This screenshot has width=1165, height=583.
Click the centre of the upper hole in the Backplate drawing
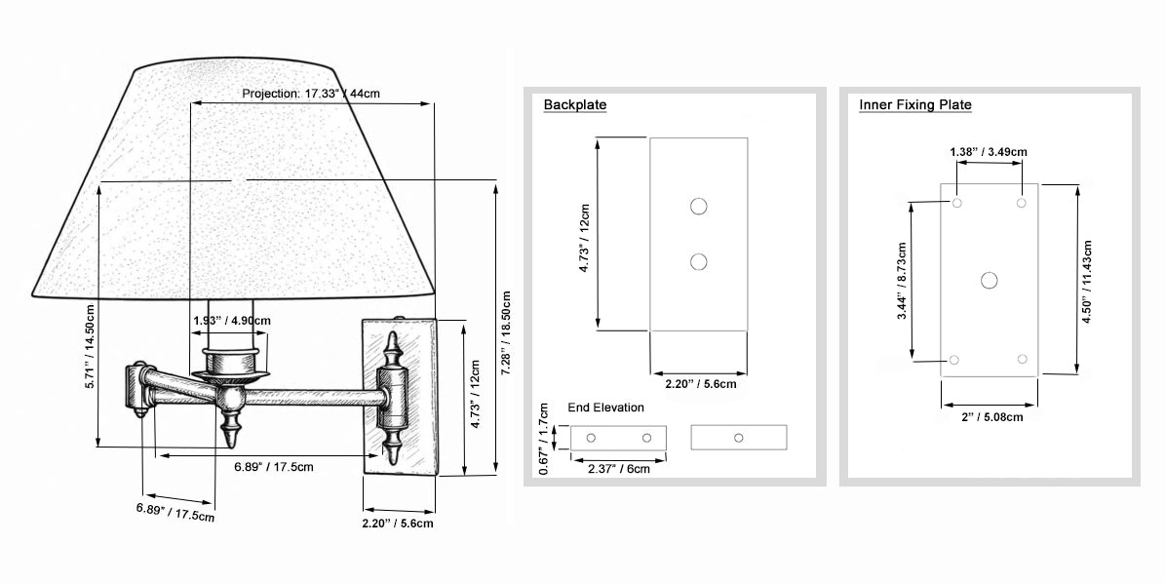pos(698,206)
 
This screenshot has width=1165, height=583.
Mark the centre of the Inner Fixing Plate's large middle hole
pos(989,280)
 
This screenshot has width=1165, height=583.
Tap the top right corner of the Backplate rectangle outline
pos(748,138)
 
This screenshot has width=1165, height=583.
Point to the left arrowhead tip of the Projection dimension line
pos(191,104)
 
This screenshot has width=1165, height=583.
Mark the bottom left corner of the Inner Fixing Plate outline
pos(942,376)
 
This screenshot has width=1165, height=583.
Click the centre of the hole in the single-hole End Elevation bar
pos(739,438)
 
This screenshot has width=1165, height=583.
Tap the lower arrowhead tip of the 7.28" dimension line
pos(495,473)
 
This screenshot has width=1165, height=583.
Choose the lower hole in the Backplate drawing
pos(698,262)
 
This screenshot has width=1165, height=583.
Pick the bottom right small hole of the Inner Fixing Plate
pos(1023,360)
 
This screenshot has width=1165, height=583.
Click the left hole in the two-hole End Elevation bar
pos(591,438)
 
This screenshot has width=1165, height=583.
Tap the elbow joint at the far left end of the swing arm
pos(140,388)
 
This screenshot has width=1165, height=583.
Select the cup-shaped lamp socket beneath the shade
pos(229,361)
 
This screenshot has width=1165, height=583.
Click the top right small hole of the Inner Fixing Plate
pos(1022,203)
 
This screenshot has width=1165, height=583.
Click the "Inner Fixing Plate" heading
pos(915,104)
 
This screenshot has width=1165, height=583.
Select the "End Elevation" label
pos(605,407)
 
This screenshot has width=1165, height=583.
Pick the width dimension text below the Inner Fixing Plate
pos(991,416)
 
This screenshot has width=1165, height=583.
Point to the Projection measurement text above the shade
pos(311,94)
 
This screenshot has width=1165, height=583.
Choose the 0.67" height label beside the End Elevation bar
pos(544,439)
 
